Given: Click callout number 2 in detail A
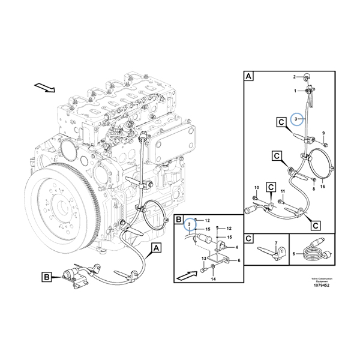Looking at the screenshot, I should [295, 77].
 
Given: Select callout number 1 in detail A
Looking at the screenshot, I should [295, 91].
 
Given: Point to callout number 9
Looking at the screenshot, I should [323, 133].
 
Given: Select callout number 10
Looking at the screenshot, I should [256, 188].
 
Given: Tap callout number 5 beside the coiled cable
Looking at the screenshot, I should [293, 254].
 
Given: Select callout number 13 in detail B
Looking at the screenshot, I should [204, 258].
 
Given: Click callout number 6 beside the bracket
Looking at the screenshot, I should [239, 260].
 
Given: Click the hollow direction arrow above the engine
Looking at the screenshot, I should [44, 88].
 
